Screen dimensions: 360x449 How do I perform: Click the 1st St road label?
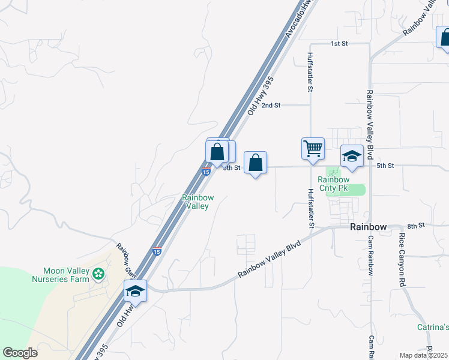tap(339, 44)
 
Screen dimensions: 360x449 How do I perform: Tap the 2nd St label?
tap(272, 105)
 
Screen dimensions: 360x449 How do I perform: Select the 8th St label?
tap(415, 225)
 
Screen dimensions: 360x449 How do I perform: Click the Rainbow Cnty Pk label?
tap(333, 183)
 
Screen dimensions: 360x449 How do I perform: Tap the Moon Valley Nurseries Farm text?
tap(66, 275)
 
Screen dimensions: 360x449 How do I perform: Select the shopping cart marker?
tap(313, 148)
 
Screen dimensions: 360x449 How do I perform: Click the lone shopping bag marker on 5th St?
tap(256, 162)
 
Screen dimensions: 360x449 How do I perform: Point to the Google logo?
tap(20, 353)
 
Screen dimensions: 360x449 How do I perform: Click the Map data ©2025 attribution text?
tap(423, 355)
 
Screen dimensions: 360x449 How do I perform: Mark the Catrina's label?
tap(433, 327)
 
